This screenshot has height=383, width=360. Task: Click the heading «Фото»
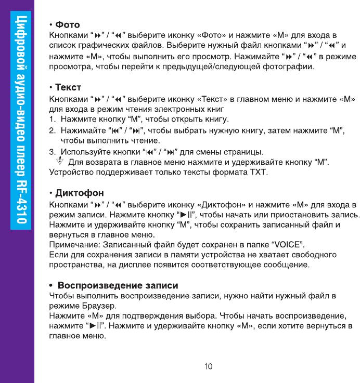click(x=67, y=24)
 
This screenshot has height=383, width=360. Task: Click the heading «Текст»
click(x=68, y=87)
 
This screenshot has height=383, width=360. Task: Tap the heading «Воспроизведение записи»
click(x=118, y=285)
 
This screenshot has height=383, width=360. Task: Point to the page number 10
click(x=208, y=366)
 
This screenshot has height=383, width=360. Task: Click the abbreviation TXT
click(x=256, y=171)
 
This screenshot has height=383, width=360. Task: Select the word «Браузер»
click(x=98, y=306)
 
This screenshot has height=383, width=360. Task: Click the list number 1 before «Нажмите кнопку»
click(x=52, y=120)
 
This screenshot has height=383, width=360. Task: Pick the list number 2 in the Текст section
click(x=52, y=130)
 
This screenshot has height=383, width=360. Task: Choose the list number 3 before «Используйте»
click(x=52, y=152)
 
